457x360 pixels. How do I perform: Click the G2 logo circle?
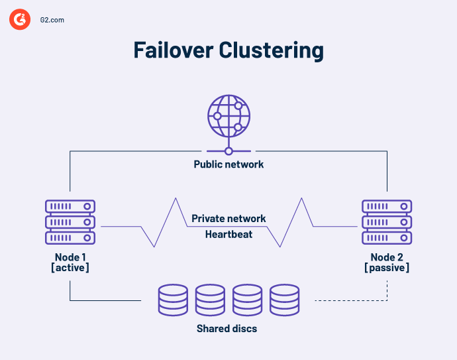[21, 20]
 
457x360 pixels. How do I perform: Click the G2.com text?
[52, 21]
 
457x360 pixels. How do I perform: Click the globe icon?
[228, 114]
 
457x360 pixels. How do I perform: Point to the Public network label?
[228, 164]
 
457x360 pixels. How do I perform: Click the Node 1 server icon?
[70, 222]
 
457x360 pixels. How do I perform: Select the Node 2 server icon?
[387, 222]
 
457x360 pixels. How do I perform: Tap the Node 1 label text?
[70, 257]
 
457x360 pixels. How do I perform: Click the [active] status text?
[70, 268]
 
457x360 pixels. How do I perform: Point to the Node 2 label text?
[387, 257]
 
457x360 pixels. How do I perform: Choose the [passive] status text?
[387, 268]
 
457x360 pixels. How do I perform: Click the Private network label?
[228, 218]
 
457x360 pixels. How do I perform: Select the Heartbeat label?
[228, 234]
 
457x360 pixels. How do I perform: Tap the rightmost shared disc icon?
[285, 300]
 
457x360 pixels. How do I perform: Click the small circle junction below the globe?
[228, 150]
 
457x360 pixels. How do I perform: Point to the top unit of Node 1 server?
[70, 207]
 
